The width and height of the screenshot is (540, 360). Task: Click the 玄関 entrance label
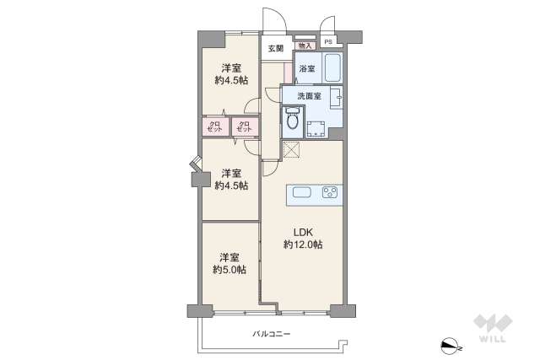click(276, 48)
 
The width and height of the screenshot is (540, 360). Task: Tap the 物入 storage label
click(305, 46)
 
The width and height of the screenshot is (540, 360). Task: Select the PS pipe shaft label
click(328, 40)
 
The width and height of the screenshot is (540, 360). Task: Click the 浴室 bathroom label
click(306, 68)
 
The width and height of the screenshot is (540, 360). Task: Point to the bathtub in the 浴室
click(332, 68)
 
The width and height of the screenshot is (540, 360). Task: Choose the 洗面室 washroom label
click(309, 95)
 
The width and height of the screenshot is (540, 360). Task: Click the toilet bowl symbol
click(292, 121)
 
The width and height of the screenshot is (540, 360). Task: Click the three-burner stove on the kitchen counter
click(330, 193)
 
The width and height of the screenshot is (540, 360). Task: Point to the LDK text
click(302, 232)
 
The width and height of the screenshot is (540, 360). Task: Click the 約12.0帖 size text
click(302, 244)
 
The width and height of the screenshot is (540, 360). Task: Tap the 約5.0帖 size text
click(229, 270)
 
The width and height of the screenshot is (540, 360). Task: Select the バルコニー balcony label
click(271, 334)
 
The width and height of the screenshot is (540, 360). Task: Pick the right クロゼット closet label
click(245, 127)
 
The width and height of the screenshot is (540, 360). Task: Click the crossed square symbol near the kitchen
click(291, 150)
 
